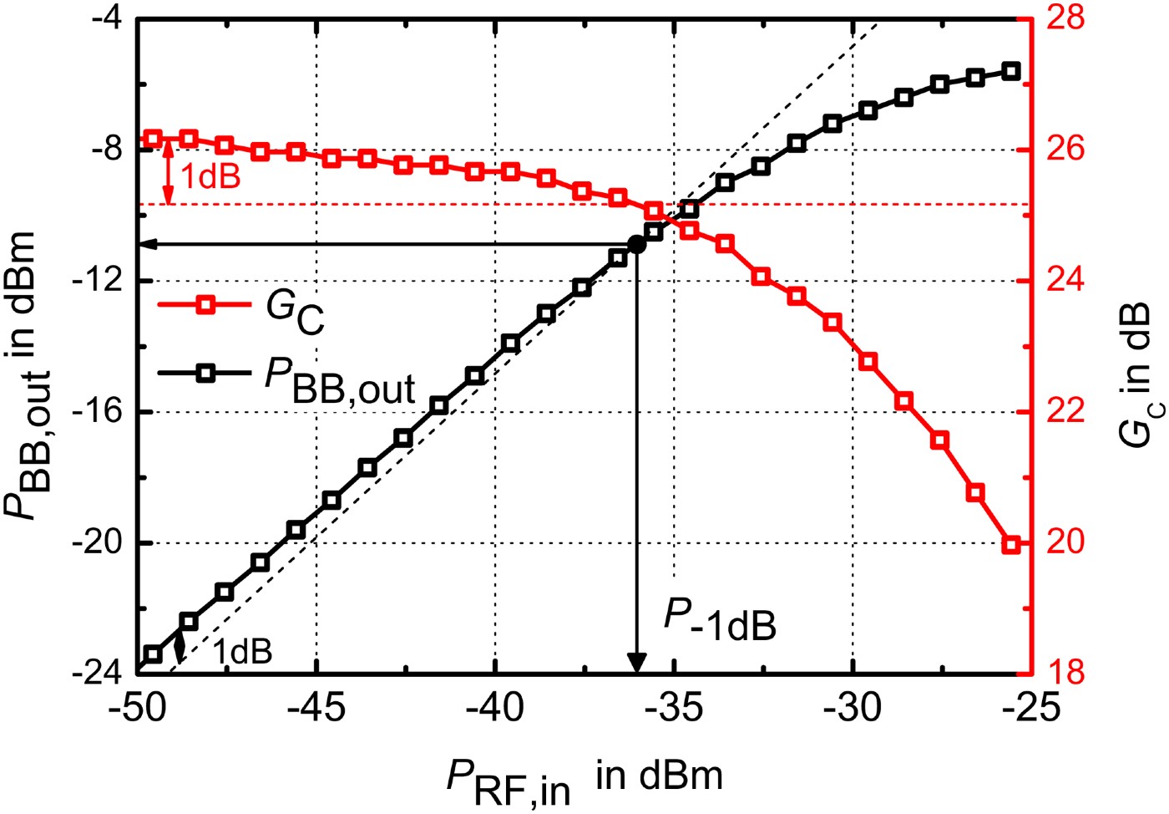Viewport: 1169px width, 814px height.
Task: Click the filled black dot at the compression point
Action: point(636,244)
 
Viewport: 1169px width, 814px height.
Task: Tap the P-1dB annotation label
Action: point(720,620)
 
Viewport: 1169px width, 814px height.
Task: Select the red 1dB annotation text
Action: point(210,176)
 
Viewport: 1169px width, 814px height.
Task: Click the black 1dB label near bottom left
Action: point(242,652)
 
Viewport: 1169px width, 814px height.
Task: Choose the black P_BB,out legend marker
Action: point(205,374)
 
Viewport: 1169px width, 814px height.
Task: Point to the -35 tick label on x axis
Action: point(674,707)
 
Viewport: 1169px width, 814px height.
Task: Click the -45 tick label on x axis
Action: point(316,707)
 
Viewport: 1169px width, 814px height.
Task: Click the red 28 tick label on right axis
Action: point(1065,18)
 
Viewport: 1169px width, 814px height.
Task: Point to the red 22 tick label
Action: point(1065,411)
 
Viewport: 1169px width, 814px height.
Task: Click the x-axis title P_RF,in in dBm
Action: point(584,779)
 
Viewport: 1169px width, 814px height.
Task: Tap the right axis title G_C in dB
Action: point(1136,374)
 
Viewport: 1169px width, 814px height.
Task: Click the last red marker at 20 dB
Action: point(1010,545)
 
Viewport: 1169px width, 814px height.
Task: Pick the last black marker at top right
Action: point(1010,71)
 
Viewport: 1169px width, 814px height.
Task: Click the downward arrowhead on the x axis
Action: point(636,663)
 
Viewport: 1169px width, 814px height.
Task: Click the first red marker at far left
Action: point(152,139)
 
